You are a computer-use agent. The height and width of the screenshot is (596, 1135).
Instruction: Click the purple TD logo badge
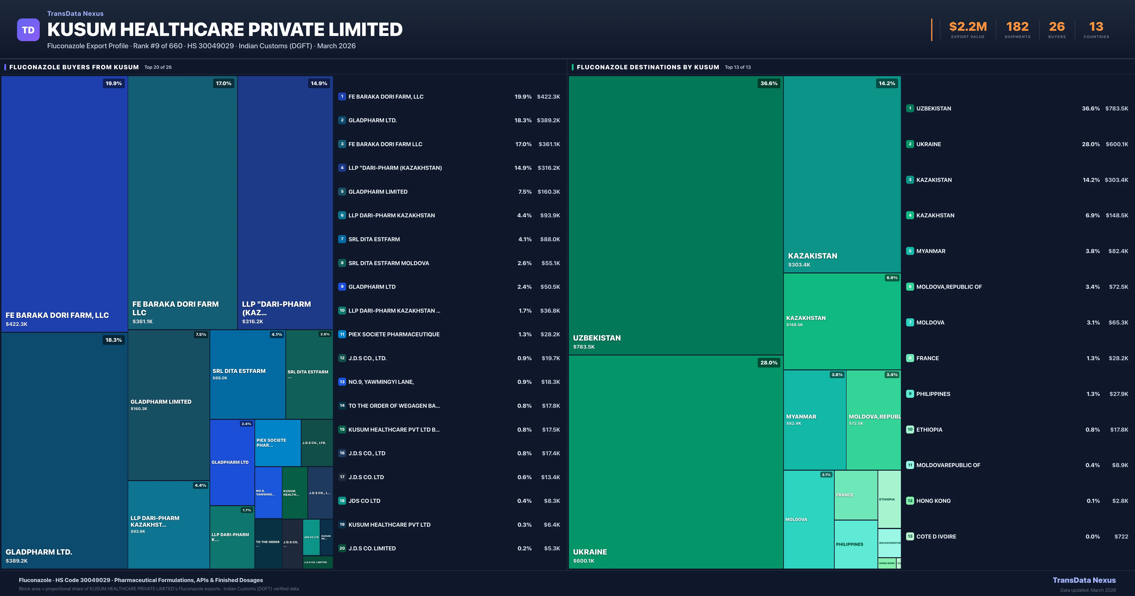pos(28,30)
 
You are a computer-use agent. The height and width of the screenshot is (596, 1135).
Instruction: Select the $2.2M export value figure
pos(968,27)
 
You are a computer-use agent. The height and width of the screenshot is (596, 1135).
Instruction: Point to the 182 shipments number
pos(1017,27)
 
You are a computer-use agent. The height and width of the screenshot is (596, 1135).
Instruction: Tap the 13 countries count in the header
pos(1096,27)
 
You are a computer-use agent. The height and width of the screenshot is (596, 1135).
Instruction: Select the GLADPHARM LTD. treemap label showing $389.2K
pos(39,552)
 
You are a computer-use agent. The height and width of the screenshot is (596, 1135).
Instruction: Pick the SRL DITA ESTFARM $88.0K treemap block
pos(247,374)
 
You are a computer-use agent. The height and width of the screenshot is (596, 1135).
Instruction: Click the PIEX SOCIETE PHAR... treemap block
pos(278,443)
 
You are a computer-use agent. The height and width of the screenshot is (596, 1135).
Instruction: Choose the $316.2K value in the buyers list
pos(549,168)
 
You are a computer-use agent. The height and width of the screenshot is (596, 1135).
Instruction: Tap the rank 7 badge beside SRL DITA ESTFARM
pos(342,239)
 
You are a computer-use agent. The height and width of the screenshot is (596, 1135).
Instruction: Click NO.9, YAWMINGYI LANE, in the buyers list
pos(381,382)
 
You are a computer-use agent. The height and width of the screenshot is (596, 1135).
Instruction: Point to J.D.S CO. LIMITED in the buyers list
pos(372,548)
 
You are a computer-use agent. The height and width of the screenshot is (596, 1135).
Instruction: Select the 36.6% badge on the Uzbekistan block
pos(769,83)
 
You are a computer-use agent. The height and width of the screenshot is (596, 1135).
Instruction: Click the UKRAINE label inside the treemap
pos(589,552)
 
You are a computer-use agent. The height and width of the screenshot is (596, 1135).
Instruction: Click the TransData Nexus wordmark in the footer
pos(1084,580)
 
